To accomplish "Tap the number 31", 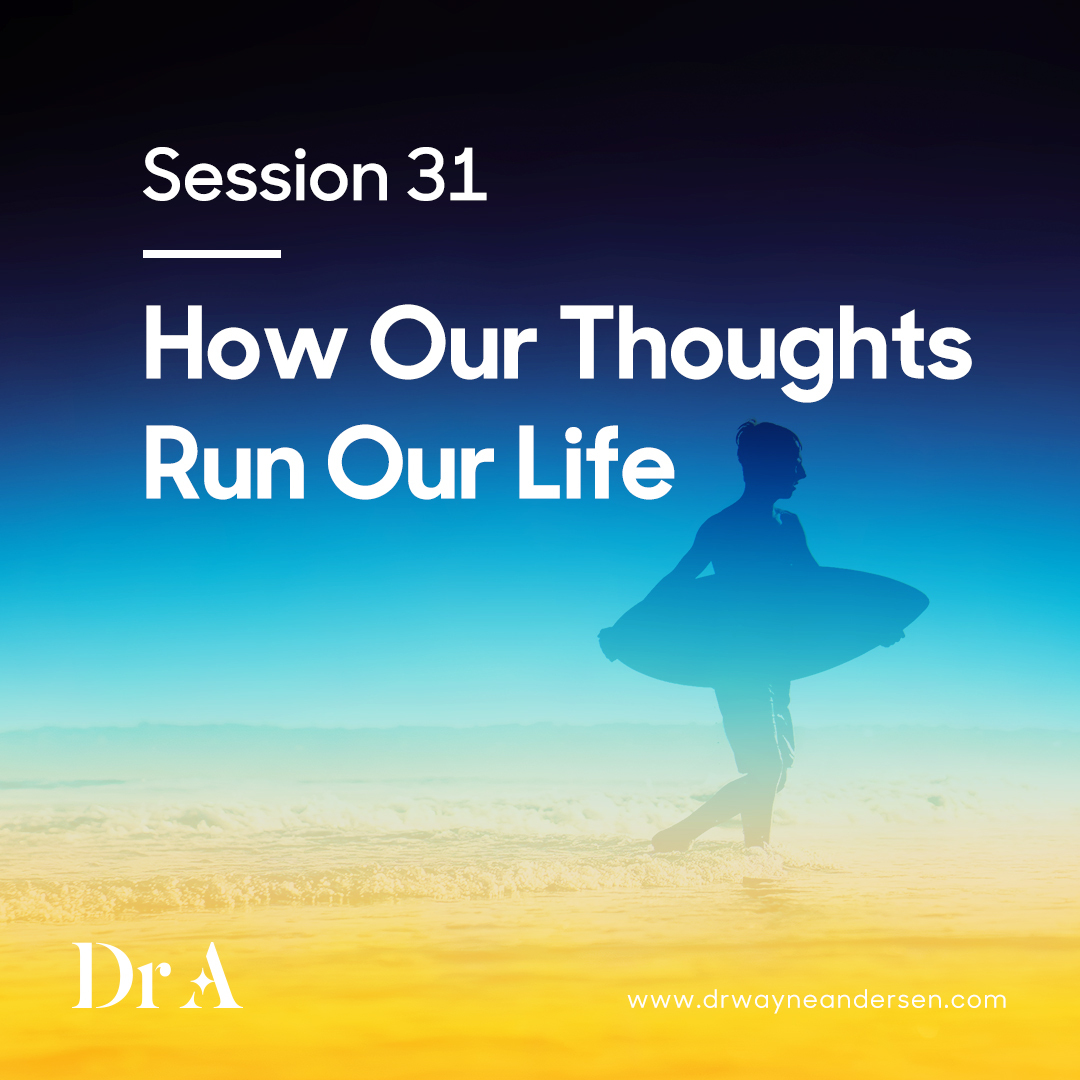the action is pos(447,175).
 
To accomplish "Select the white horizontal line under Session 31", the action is pos(211,253).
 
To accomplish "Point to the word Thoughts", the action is pos(766,350).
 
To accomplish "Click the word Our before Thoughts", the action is pos(453,343).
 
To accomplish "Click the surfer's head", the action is pos(769,459).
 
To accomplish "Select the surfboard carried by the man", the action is pos(765,624).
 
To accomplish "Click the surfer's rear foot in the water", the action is pos(672,838).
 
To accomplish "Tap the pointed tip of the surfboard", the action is pos(926,602).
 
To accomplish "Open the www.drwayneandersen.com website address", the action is pos(817,999).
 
